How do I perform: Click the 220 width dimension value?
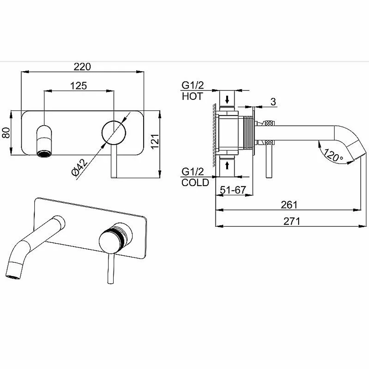82,66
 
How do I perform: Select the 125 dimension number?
79,86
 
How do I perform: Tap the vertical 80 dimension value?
6,133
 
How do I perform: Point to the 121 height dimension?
155,141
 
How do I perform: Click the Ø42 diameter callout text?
79,167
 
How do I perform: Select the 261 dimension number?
289,205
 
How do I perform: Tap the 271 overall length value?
292,221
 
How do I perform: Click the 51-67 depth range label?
233,190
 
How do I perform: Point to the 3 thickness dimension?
273,102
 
